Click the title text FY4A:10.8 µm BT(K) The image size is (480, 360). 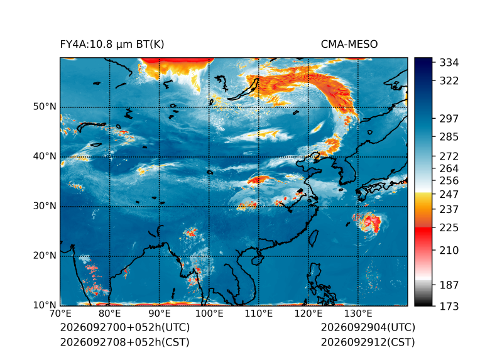pos(112,45)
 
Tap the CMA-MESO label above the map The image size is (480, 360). pos(349,45)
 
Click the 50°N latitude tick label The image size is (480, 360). pos(45,107)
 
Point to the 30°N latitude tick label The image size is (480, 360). pos(45,205)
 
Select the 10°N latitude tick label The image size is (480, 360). pos(45,305)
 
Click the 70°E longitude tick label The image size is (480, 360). pos(60,314)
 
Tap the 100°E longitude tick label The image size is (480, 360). pos(209,314)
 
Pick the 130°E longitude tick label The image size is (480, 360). pos(358,314)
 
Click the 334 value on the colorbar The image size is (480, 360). pos(449,62)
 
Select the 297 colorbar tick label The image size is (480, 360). pos(449,119)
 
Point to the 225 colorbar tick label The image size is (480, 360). pos(449,228)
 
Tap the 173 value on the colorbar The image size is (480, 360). pos(449,306)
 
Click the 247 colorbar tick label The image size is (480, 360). pos(449,194)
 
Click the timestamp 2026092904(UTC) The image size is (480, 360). pos(368,327)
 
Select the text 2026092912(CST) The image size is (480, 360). pos(368,342)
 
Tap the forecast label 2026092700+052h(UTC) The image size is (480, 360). pos(125,327)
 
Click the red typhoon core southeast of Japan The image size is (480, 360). pos(373,221)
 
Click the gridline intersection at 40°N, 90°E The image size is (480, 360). pos(159,157)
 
